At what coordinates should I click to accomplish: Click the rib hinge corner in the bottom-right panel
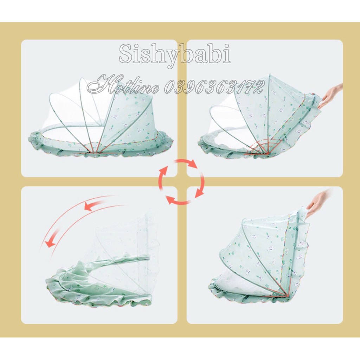(x=288, y=296)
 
